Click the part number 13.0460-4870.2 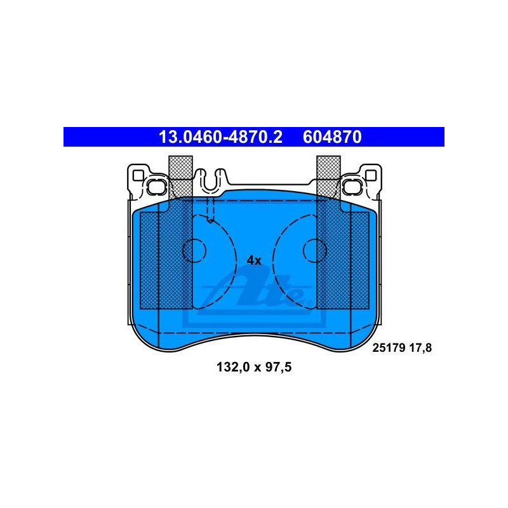(220, 137)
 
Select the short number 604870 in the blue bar (332, 137)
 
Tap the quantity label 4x (254, 260)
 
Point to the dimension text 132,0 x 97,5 (254, 367)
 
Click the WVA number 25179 (389, 348)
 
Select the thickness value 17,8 (420, 348)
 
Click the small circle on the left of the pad (194, 250)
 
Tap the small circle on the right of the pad (315, 250)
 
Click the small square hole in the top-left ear (138, 175)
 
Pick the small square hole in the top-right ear (371, 175)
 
